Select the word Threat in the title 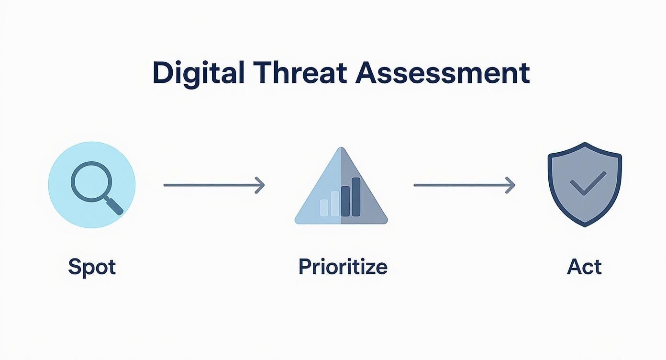[x=300, y=72]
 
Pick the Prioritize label [x=343, y=267]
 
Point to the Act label [x=584, y=267]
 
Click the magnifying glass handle [x=114, y=205]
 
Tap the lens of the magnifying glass [x=92, y=182]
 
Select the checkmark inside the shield [x=588, y=183]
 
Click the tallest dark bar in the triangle [x=356, y=197]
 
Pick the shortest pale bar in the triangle [x=324, y=208]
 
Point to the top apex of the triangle [x=341, y=147]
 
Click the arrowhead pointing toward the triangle [x=260, y=185]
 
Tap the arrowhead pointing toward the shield [x=510, y=185]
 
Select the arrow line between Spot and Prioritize [x=214, y=185]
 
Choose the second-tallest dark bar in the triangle [x=345, y=202]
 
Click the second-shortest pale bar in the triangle [x=335, y=203]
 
